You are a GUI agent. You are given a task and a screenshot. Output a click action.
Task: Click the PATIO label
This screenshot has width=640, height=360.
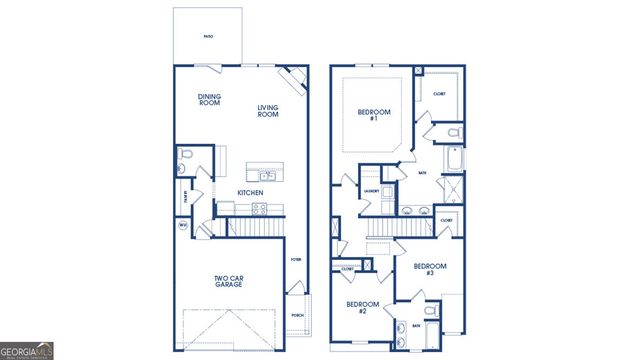point(208,36)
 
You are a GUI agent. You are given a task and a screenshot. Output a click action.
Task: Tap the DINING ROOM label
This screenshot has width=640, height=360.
point(209,99)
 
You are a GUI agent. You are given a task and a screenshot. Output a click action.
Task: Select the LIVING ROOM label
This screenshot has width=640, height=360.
point(268,111)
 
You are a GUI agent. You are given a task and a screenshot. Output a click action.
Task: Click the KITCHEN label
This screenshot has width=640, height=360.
point(250,192)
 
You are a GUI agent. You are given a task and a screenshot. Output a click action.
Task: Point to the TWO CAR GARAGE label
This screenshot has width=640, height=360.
point(228,282)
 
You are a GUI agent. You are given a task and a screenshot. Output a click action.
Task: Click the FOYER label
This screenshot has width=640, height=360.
point(295,259)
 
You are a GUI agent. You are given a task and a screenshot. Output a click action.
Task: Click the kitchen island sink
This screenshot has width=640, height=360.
point(268,176)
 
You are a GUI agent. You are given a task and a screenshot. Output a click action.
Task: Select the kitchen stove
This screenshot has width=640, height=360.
point(259,210)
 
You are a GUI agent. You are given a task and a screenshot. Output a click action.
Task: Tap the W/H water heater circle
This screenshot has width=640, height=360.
point(183,227)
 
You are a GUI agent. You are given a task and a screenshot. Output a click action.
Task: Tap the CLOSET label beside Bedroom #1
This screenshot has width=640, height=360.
point(439,93)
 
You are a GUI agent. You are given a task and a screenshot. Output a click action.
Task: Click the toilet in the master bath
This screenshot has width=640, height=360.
point(452,132)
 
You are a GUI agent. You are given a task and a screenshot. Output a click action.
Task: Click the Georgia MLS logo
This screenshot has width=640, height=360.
point(27,351)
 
